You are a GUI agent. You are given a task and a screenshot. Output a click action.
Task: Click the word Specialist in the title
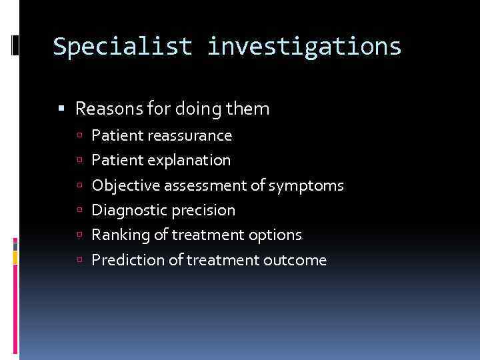[x=123, y=47]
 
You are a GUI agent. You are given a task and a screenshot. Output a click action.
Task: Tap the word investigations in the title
[x=304, y=47]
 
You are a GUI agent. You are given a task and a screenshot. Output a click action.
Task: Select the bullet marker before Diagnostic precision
[x=83, y=211]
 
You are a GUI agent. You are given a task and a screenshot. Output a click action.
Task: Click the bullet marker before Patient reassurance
[x=83, y=136]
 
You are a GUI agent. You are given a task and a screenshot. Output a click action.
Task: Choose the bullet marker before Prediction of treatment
[x=83, y=260]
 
